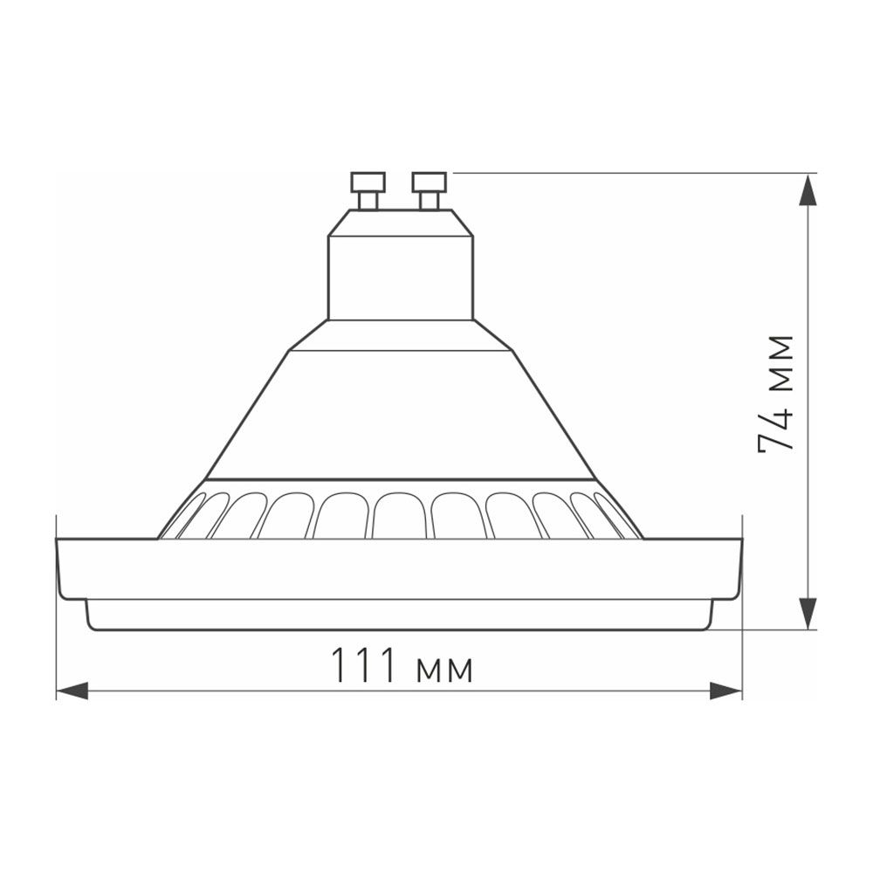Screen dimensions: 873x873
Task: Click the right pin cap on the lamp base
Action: (430, 182)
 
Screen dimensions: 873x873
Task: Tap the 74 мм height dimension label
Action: (776, 393)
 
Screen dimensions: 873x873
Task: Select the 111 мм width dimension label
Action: (402, 668)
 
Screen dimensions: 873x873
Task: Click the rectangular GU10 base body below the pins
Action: (400, 275)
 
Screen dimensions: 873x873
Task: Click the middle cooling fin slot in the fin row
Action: (400, 515)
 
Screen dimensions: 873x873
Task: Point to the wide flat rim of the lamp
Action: (400, 568)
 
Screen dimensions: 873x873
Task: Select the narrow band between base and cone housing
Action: (400, 335)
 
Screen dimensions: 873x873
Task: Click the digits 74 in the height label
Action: (776, 428)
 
